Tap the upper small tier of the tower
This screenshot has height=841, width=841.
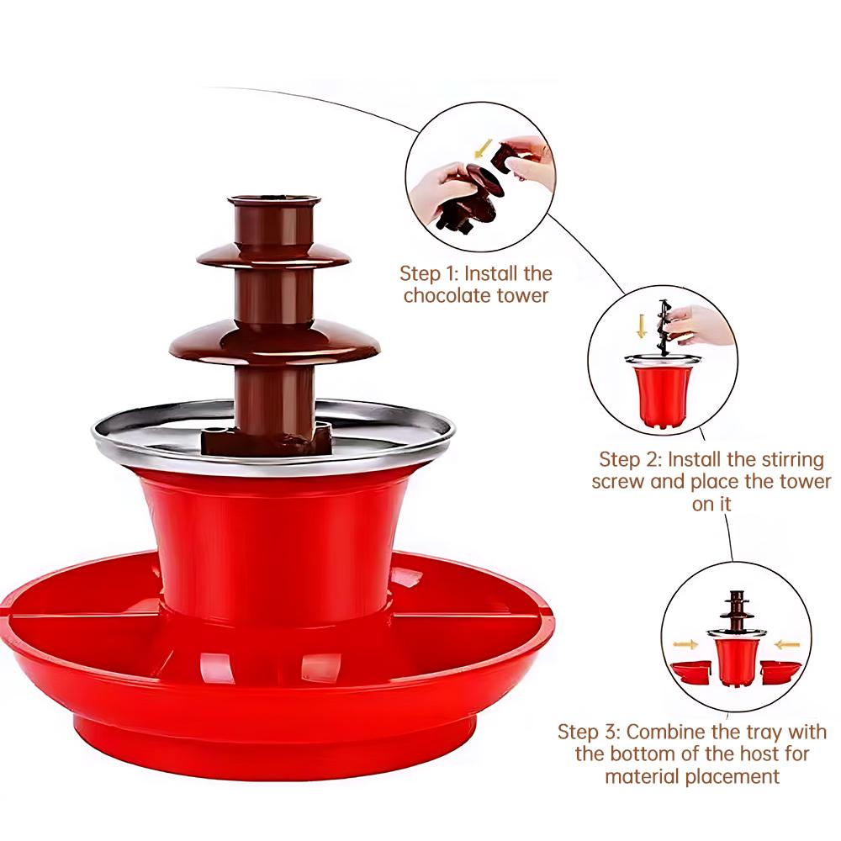(x=273, y=255)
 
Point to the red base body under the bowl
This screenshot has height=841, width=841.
(x=273, y=538)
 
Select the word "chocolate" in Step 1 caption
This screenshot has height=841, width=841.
(x=458, y=295)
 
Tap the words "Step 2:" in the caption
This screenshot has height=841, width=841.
(x=629, y=459)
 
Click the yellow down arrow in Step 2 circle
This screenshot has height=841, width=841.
(x=642, y=326)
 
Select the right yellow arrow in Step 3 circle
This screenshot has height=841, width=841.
(x=786, y=644)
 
